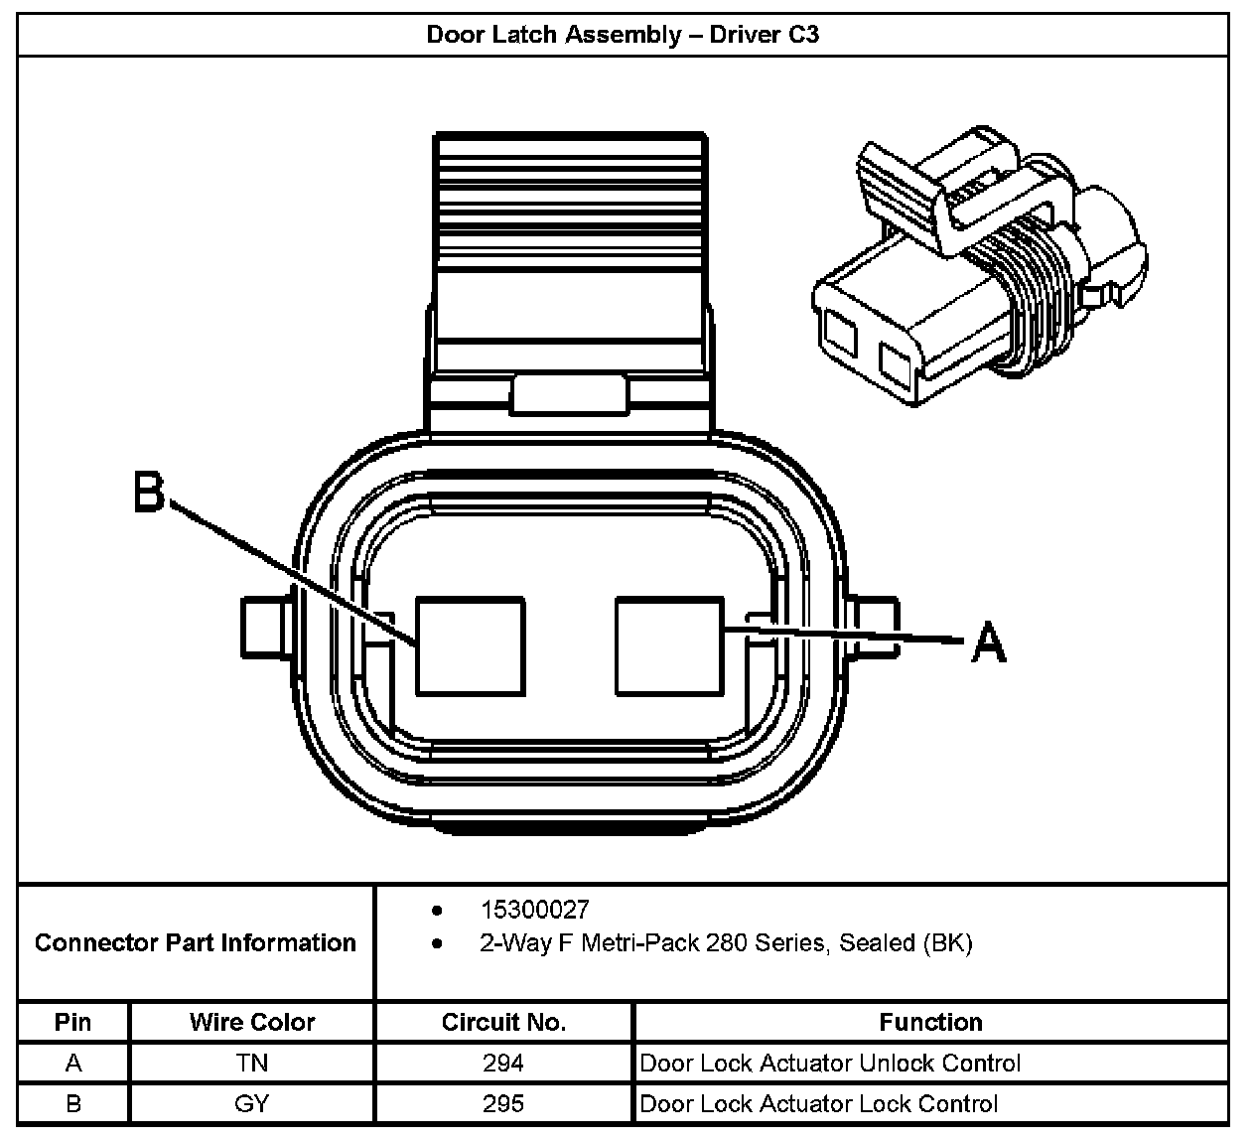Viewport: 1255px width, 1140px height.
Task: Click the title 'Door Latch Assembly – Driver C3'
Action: (x=623, y=35)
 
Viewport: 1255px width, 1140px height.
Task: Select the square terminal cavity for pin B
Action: (x=470, y=644)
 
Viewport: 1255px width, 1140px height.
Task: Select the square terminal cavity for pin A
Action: (x=669, y=644)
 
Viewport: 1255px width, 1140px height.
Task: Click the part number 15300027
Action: (x=534, y=910)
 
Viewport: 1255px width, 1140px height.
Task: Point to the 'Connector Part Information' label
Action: (x=196, y=942)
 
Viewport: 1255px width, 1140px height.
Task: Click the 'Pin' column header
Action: (x=73, y=1022)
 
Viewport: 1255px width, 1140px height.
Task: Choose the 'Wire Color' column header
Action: (x=252, y=1022)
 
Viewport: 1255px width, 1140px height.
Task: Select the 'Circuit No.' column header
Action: (x=503, y=1022)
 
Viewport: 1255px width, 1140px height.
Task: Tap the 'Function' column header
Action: (x=930, y=1022)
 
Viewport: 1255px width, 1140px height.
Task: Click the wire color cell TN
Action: (x=252, y=1064)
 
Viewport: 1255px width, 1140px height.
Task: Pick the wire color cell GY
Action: (x=252, y=1103)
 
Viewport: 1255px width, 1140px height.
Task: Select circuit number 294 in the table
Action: (x=503, y=1064)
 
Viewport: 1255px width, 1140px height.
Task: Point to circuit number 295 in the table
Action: (x=503, y=1103)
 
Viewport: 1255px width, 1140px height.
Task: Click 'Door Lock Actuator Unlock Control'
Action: (x=830, y=1064)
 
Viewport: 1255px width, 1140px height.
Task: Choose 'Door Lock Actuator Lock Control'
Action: (x=819, y=1103)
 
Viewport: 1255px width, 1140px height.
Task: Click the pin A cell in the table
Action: (x=73, y=1064)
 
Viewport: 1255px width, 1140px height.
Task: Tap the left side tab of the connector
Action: (x=264, y=626)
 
